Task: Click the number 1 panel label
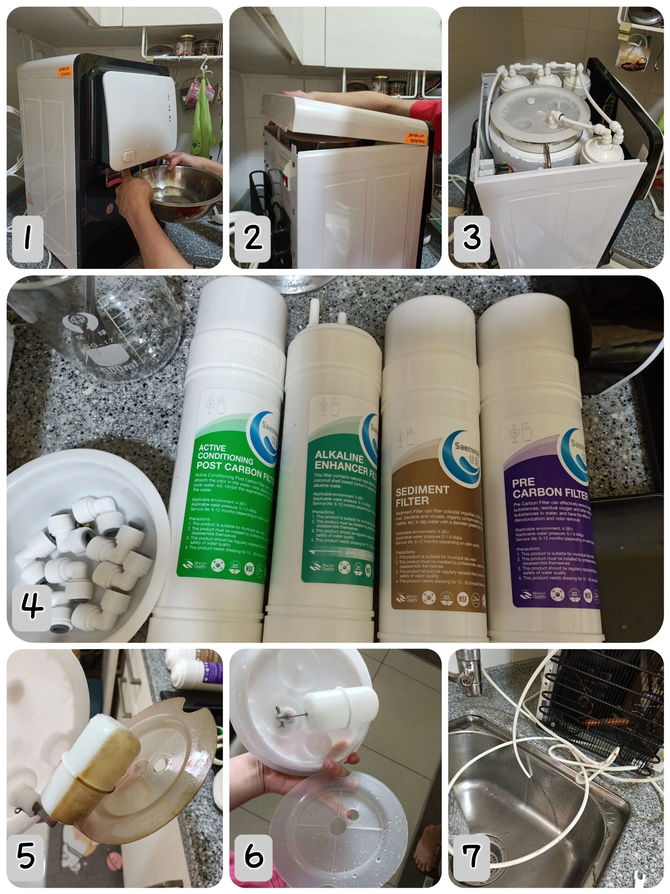pos(28,239)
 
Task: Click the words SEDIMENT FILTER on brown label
pos(422,496)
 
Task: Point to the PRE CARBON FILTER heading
pos(549,488)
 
